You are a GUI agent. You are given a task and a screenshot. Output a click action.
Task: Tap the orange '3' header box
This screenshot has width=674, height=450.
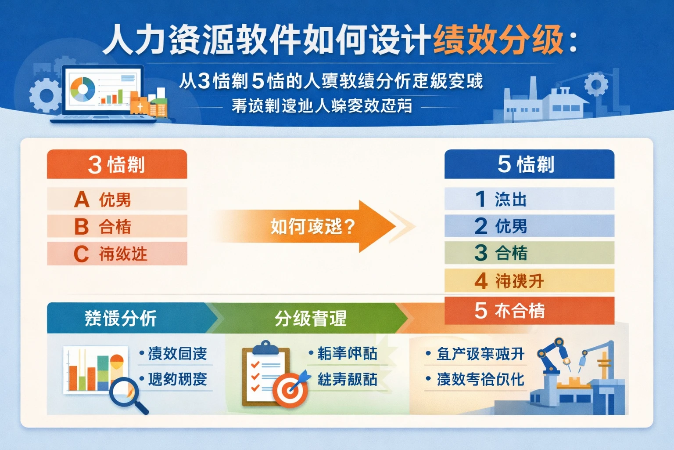(117, 164)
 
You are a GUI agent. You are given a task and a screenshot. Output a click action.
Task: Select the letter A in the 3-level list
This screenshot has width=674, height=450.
(82, 200)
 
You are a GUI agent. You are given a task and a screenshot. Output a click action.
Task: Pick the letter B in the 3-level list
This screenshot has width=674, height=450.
(82, 227)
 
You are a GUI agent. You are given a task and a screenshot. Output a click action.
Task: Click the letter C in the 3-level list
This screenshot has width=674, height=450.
(81, 254)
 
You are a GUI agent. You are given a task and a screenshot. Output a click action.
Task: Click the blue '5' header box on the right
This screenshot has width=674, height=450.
(529, 164)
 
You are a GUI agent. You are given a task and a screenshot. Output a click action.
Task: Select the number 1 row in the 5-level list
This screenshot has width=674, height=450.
(529, 199)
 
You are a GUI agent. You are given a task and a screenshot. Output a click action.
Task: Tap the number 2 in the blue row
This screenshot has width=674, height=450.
(481, 226)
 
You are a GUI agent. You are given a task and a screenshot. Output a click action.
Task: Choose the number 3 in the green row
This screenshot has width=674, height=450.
(481, 253)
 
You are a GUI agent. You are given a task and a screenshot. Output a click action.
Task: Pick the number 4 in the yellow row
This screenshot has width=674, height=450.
(481, 281)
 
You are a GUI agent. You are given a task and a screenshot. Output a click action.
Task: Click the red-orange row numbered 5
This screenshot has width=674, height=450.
(529, 311)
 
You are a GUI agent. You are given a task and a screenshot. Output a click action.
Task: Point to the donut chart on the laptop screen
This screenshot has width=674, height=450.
(83, 89)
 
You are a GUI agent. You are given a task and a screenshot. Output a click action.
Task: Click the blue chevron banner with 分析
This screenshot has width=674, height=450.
(127, 318)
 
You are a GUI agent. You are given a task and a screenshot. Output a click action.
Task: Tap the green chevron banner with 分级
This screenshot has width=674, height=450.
(312, 318)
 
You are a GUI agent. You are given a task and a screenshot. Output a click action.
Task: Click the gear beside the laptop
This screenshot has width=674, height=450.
(44, 94)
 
